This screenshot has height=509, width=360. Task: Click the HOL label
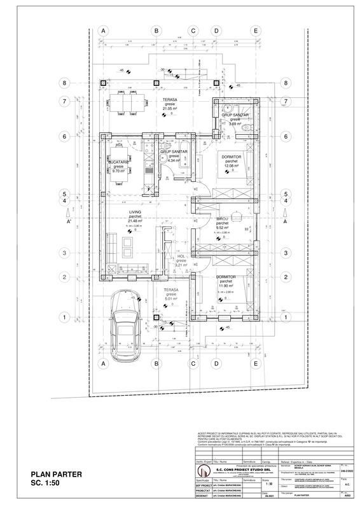pyautogui.click(x=181, y=256)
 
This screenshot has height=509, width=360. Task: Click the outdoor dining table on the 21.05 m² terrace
pyautogui.click(x=123, y=101)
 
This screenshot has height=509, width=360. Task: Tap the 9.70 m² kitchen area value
pyautogui.click(x=118, y=171)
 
